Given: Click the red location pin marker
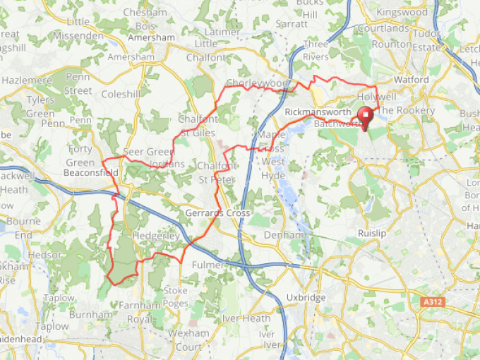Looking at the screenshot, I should [x=366, y=118].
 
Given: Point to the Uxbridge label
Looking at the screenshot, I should [x=307, y=298].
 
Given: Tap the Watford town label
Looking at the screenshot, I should [x=411, y=80].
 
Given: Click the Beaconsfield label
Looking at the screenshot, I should [x=90, y=172].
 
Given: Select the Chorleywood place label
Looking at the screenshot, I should [x=258, y=83].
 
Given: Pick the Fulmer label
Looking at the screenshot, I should [x=208, y=265].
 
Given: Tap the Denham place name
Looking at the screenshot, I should [x=285, y=234].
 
